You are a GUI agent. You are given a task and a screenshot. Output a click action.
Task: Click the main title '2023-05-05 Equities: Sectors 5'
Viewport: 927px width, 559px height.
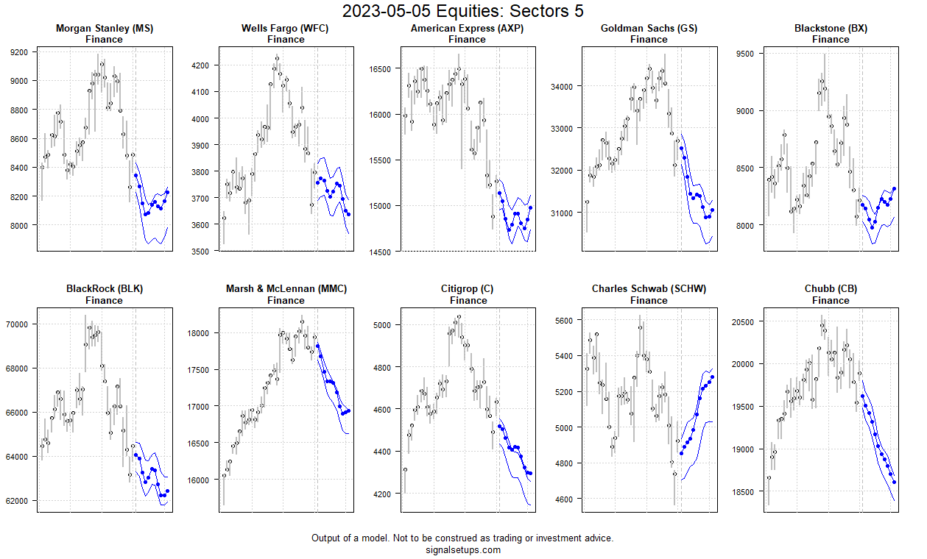[x=463, y=11]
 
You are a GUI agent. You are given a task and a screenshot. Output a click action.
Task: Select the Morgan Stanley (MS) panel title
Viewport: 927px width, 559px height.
[x=104, y=29]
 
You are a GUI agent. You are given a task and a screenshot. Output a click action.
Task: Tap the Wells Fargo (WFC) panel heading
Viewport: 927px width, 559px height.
[x=285, y=29]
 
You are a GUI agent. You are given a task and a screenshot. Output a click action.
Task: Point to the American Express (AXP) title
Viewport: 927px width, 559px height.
[x=468, y=29]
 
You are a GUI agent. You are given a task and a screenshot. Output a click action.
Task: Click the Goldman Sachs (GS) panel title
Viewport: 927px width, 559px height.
[x=649, y=29]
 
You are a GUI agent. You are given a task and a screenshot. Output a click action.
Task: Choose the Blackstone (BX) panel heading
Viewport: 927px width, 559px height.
[x=831, y=29]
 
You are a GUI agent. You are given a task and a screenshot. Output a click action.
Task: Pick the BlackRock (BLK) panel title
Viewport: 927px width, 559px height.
[x=104, y=289]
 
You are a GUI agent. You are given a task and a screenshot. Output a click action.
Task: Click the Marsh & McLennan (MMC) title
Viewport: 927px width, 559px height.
[x=286, y=289]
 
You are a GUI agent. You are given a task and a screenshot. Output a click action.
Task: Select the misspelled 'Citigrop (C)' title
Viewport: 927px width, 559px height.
[x=468, y=289]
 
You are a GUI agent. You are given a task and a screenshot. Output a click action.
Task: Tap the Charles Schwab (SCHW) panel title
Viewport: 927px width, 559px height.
[x=649, y=289]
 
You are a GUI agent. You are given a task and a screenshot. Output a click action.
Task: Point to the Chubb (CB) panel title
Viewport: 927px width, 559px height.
[x=831, y=289]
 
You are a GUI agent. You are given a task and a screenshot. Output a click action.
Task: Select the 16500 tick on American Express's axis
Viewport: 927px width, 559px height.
[x=380, y=69]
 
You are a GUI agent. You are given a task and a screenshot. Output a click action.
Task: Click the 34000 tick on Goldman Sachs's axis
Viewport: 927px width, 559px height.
[x=562, y=86]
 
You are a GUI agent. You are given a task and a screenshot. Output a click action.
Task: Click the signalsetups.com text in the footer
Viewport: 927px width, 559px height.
[x=463, y=549]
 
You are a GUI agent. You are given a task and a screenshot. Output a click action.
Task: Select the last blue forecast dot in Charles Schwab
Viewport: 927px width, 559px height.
[x=712, y=377]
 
